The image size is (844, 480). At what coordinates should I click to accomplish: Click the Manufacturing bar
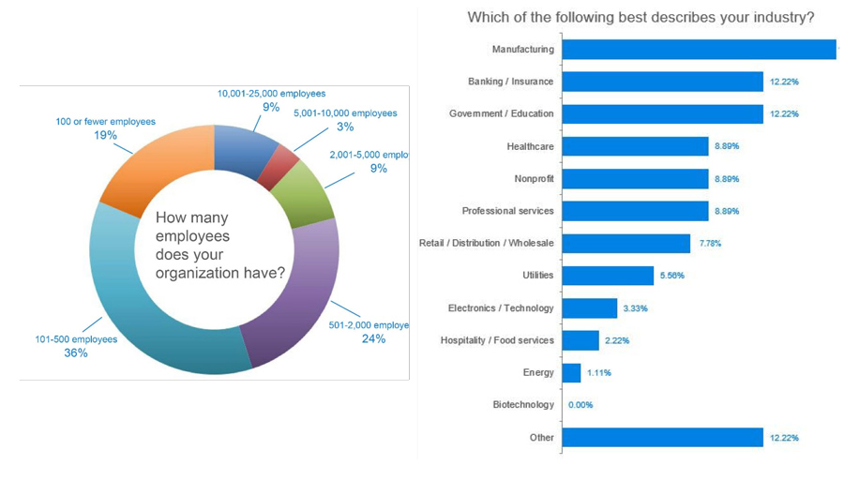click(x=699, y=49)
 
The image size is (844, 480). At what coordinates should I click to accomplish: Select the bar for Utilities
click(x=608, y=276)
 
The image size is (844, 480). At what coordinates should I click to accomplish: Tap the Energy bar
click(x=571, y=373)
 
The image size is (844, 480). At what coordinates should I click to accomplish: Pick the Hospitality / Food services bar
click(x=580, y=340)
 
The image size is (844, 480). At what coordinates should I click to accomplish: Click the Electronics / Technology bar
click(x=590, y=307)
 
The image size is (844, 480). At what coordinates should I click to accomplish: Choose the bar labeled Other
click(x=662, y=438)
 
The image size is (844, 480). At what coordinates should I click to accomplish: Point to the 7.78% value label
click(x=710, y=244)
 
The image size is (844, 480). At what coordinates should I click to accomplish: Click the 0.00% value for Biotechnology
click(x=580, y=405)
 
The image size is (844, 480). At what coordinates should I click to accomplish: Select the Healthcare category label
click(x=530, y=146)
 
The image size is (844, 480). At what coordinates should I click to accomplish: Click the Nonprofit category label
click(x=534, y=178)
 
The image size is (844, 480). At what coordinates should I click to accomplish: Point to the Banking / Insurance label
click(x=510, y=82)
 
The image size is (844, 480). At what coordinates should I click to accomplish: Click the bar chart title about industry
click(x=641, y=18)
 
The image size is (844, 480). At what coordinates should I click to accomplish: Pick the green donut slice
click(x=305, y=192)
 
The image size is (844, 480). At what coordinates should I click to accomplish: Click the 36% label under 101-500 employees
click(x=76, y=353)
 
